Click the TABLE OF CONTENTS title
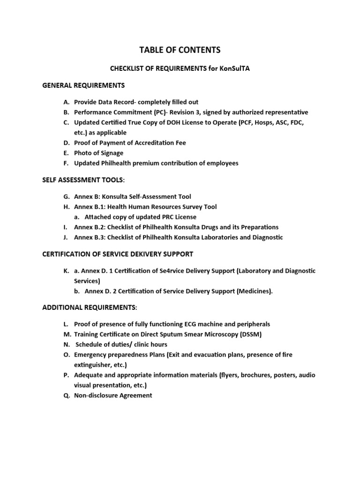180,50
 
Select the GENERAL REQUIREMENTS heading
83,85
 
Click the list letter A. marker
66,102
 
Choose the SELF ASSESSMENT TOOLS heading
83,180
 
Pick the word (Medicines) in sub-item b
255,291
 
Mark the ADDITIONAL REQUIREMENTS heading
89,307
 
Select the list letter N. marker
66,345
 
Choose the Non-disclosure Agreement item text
113,395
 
